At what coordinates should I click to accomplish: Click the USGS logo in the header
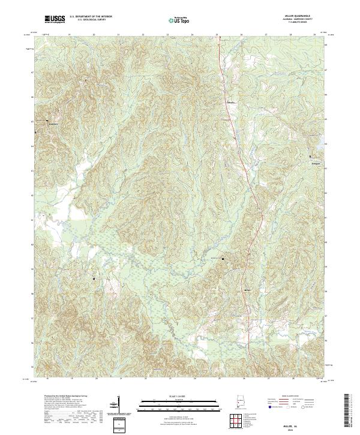55,19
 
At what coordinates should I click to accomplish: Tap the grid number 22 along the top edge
143,35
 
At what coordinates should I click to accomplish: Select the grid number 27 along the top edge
266,35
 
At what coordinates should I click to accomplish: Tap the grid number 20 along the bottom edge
95,379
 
